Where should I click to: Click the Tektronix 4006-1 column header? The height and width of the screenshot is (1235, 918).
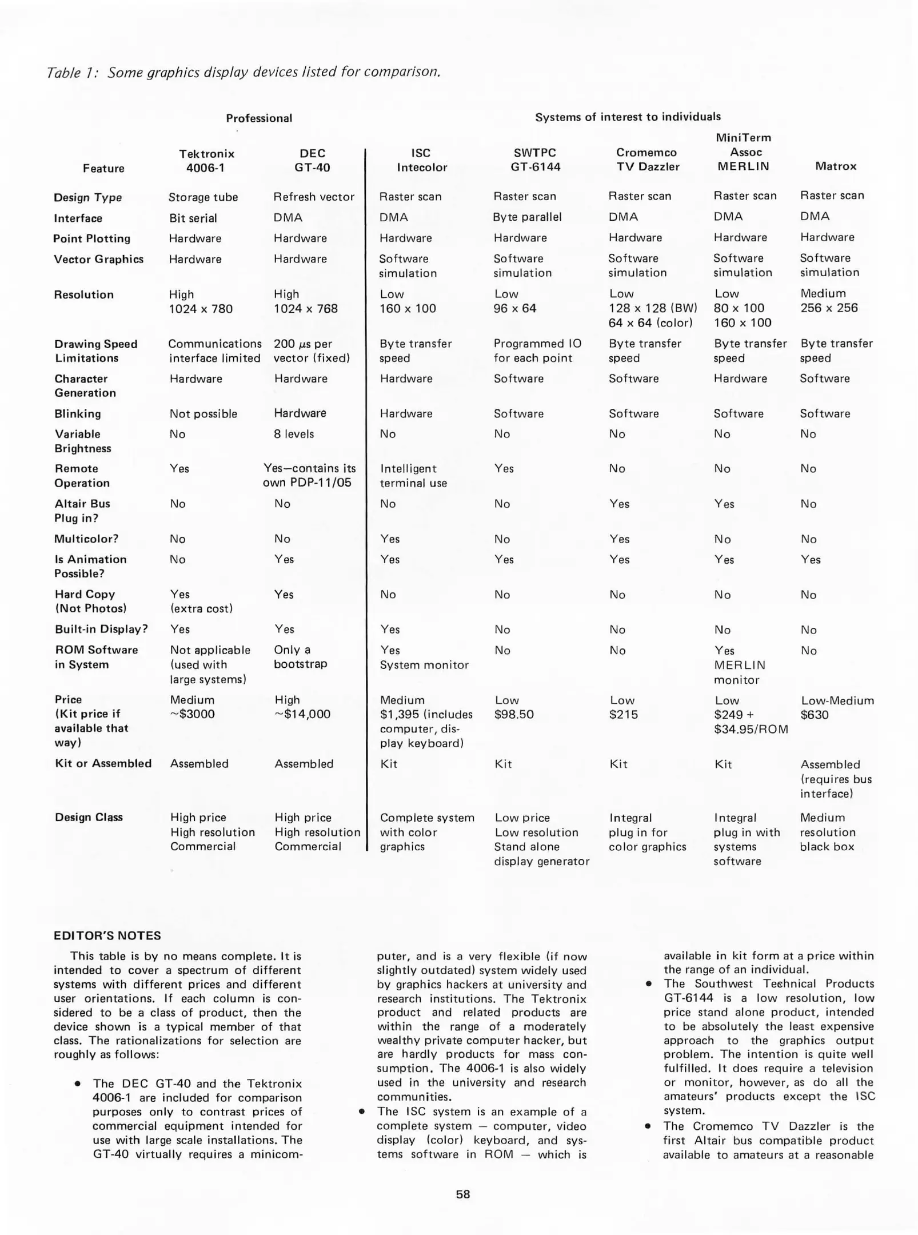pyautogui.click(x=206, y=161)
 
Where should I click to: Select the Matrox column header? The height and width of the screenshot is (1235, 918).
pyautogui.click(x=835, y=166)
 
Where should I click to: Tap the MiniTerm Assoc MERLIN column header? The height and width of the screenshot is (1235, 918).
pyautogui.click(x=743, y=152)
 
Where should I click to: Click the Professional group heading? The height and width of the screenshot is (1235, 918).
pyautogui.click(x=259, y=118)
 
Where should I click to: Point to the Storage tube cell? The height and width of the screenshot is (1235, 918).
pyautogui.click(x=203, y=197)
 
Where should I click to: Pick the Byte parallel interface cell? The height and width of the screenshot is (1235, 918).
pyautogui.click(x=527, y=217)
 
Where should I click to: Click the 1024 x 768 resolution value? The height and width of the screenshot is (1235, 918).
pyautogui.click(x=306, y=309)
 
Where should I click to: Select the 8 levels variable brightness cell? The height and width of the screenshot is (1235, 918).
pyautogui.click(x=294, y=434)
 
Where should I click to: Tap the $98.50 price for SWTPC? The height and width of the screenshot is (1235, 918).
pyautogui.click(x=514, y=715)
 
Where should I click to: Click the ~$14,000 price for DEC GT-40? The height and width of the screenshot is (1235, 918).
pyautogui.click(x=302, y=714)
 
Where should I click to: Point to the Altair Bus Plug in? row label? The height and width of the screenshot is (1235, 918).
pyautogui.click(x=82, y=511)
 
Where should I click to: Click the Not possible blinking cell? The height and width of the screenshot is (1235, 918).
pyautogui.click(x=203, y=414)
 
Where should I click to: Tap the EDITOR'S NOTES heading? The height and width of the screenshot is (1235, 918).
pyautogui.click(x=107, y=935)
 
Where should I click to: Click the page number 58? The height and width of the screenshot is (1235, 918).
pyautogui.click(x=463, y=1194)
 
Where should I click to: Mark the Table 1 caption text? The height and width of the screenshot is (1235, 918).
pyautogui.click(x=244, y=73)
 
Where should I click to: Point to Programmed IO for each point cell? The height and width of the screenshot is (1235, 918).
pyautogui.click(x=537, y=350)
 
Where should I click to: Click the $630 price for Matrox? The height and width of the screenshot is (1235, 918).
pyautogui.click(x=814, y=715)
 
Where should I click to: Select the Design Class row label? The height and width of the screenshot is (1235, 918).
pyautogui.click(x=89, y=817)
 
